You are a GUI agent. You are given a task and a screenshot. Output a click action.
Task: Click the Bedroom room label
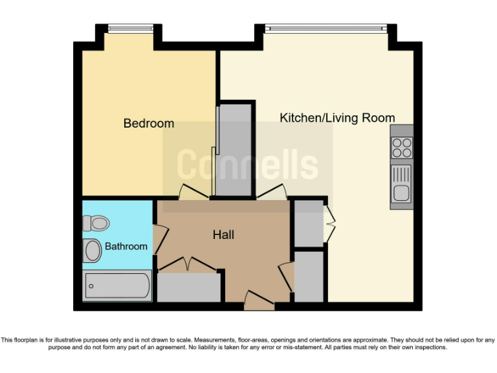[149, 123]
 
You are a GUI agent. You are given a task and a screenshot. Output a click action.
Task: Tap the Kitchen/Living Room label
[337, 118]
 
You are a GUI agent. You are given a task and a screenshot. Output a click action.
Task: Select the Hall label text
[223, 234]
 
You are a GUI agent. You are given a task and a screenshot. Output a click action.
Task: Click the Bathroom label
[126, 246]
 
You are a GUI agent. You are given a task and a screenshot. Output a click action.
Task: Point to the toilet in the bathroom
[96, 223]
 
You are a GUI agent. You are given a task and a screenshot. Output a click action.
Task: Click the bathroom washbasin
[93, 251]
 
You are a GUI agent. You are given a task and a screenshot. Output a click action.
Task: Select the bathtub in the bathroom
[117, 286]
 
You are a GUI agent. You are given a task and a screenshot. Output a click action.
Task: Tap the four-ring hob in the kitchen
[401, 148]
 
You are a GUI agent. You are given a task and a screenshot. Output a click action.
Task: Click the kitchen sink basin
[401, 192]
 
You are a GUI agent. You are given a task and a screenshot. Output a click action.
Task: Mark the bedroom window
[131, 27]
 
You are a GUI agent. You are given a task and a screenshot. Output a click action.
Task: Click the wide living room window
[326, 27]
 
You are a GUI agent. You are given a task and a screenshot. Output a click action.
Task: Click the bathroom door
[160, 236]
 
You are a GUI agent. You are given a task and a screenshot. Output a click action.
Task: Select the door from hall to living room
[272, 192]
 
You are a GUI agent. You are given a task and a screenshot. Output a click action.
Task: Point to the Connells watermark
[248, 164]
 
